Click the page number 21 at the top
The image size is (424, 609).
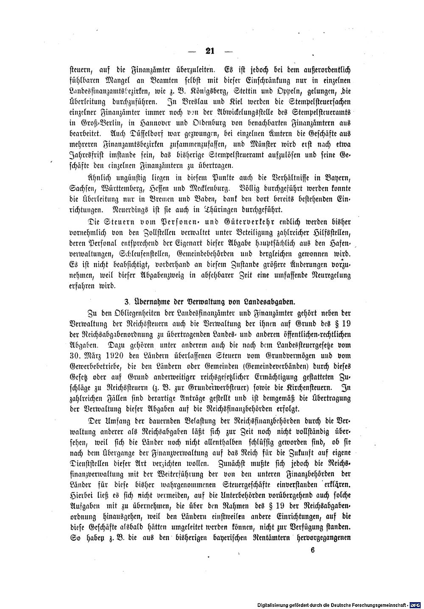(x=209, y=52)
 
